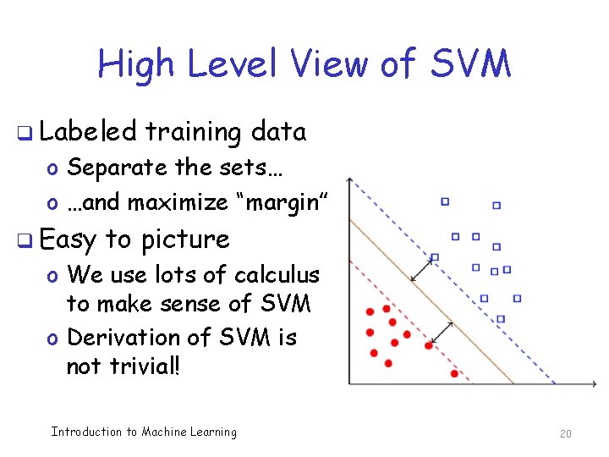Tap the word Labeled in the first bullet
click(87, 132)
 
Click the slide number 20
click(566, 433)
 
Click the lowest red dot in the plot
click(454, 373)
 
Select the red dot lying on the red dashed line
click(429, 345)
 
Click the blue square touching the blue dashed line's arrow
click(435, 256)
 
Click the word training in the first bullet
click(193, 133)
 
